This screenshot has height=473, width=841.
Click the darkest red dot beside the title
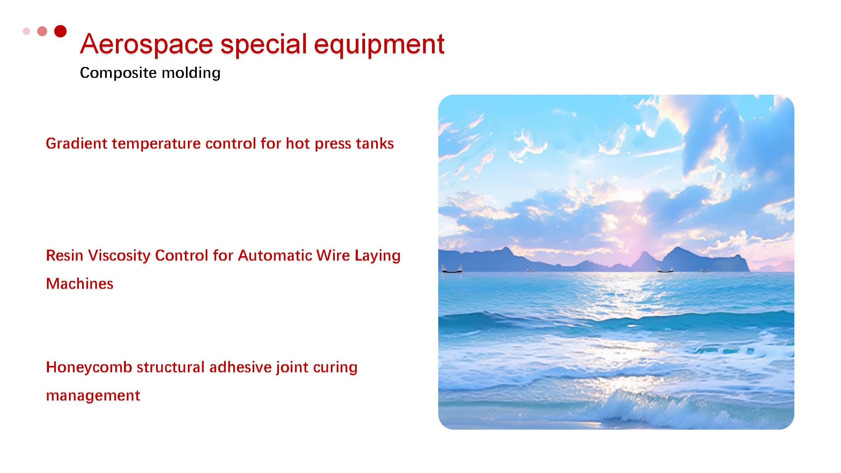point(60,31)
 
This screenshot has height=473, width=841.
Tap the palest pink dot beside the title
point(26,31)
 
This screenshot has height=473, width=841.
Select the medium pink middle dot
point(42,31)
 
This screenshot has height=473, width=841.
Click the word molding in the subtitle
point(191,73)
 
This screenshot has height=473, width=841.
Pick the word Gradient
point(77,143)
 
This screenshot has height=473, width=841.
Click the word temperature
point(156,144)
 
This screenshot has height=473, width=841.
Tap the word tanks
point(375,143)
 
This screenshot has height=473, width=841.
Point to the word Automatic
point(275,255)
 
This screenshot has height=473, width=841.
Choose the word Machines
point(80,283)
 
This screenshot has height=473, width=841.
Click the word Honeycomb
point(89,367)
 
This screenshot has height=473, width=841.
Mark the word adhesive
point(240,367)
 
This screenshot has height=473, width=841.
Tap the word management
point(93,395)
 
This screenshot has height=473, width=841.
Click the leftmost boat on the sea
point(452,269)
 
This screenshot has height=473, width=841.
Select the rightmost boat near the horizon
point(705,270)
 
